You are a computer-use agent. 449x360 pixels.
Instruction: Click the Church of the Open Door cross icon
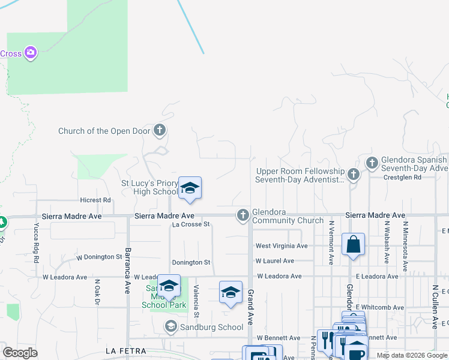point(159,130)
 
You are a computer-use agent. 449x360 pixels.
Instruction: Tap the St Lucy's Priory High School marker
point(190,188)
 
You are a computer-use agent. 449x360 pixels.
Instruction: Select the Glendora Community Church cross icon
point(243,215)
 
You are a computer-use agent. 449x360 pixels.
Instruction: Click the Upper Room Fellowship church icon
point(354,175)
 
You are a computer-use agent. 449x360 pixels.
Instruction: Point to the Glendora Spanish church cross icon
point(372,162)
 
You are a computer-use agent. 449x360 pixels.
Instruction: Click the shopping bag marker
point(353,244)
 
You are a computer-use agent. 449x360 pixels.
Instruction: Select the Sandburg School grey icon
point(170,326)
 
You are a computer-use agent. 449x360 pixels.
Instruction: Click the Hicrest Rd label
point(96,200)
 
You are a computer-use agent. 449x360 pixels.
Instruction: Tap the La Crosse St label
point(190,224)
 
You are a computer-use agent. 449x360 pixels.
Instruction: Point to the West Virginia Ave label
point(281,246)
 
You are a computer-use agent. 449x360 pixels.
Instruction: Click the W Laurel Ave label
point(274,261)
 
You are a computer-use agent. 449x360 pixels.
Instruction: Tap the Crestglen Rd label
point(400,178)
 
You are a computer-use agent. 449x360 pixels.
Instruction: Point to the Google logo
point(20,352)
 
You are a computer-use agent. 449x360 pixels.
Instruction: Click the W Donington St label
point(99,257)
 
